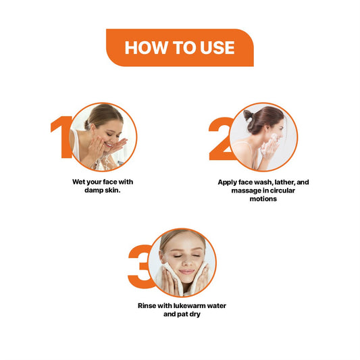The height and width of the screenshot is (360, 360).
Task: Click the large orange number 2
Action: [x=221, y=138]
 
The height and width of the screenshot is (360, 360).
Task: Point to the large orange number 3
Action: [x=140, y=266]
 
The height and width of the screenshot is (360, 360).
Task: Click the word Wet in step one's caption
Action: [x=79, y=182]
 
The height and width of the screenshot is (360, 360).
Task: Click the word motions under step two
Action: [x=263, y=199]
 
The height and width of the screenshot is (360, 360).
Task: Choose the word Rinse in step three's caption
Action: [x=147, y=306]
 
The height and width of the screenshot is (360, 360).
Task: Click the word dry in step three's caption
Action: [x=195, y=314]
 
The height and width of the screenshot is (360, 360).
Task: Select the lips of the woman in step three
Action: [x=186, y=272]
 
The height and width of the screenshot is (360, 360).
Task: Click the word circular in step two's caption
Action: [x=282, y=190]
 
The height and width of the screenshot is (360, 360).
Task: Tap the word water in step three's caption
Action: [x=217, y=306]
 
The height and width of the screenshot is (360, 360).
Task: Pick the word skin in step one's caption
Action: [x=113, y=190]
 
